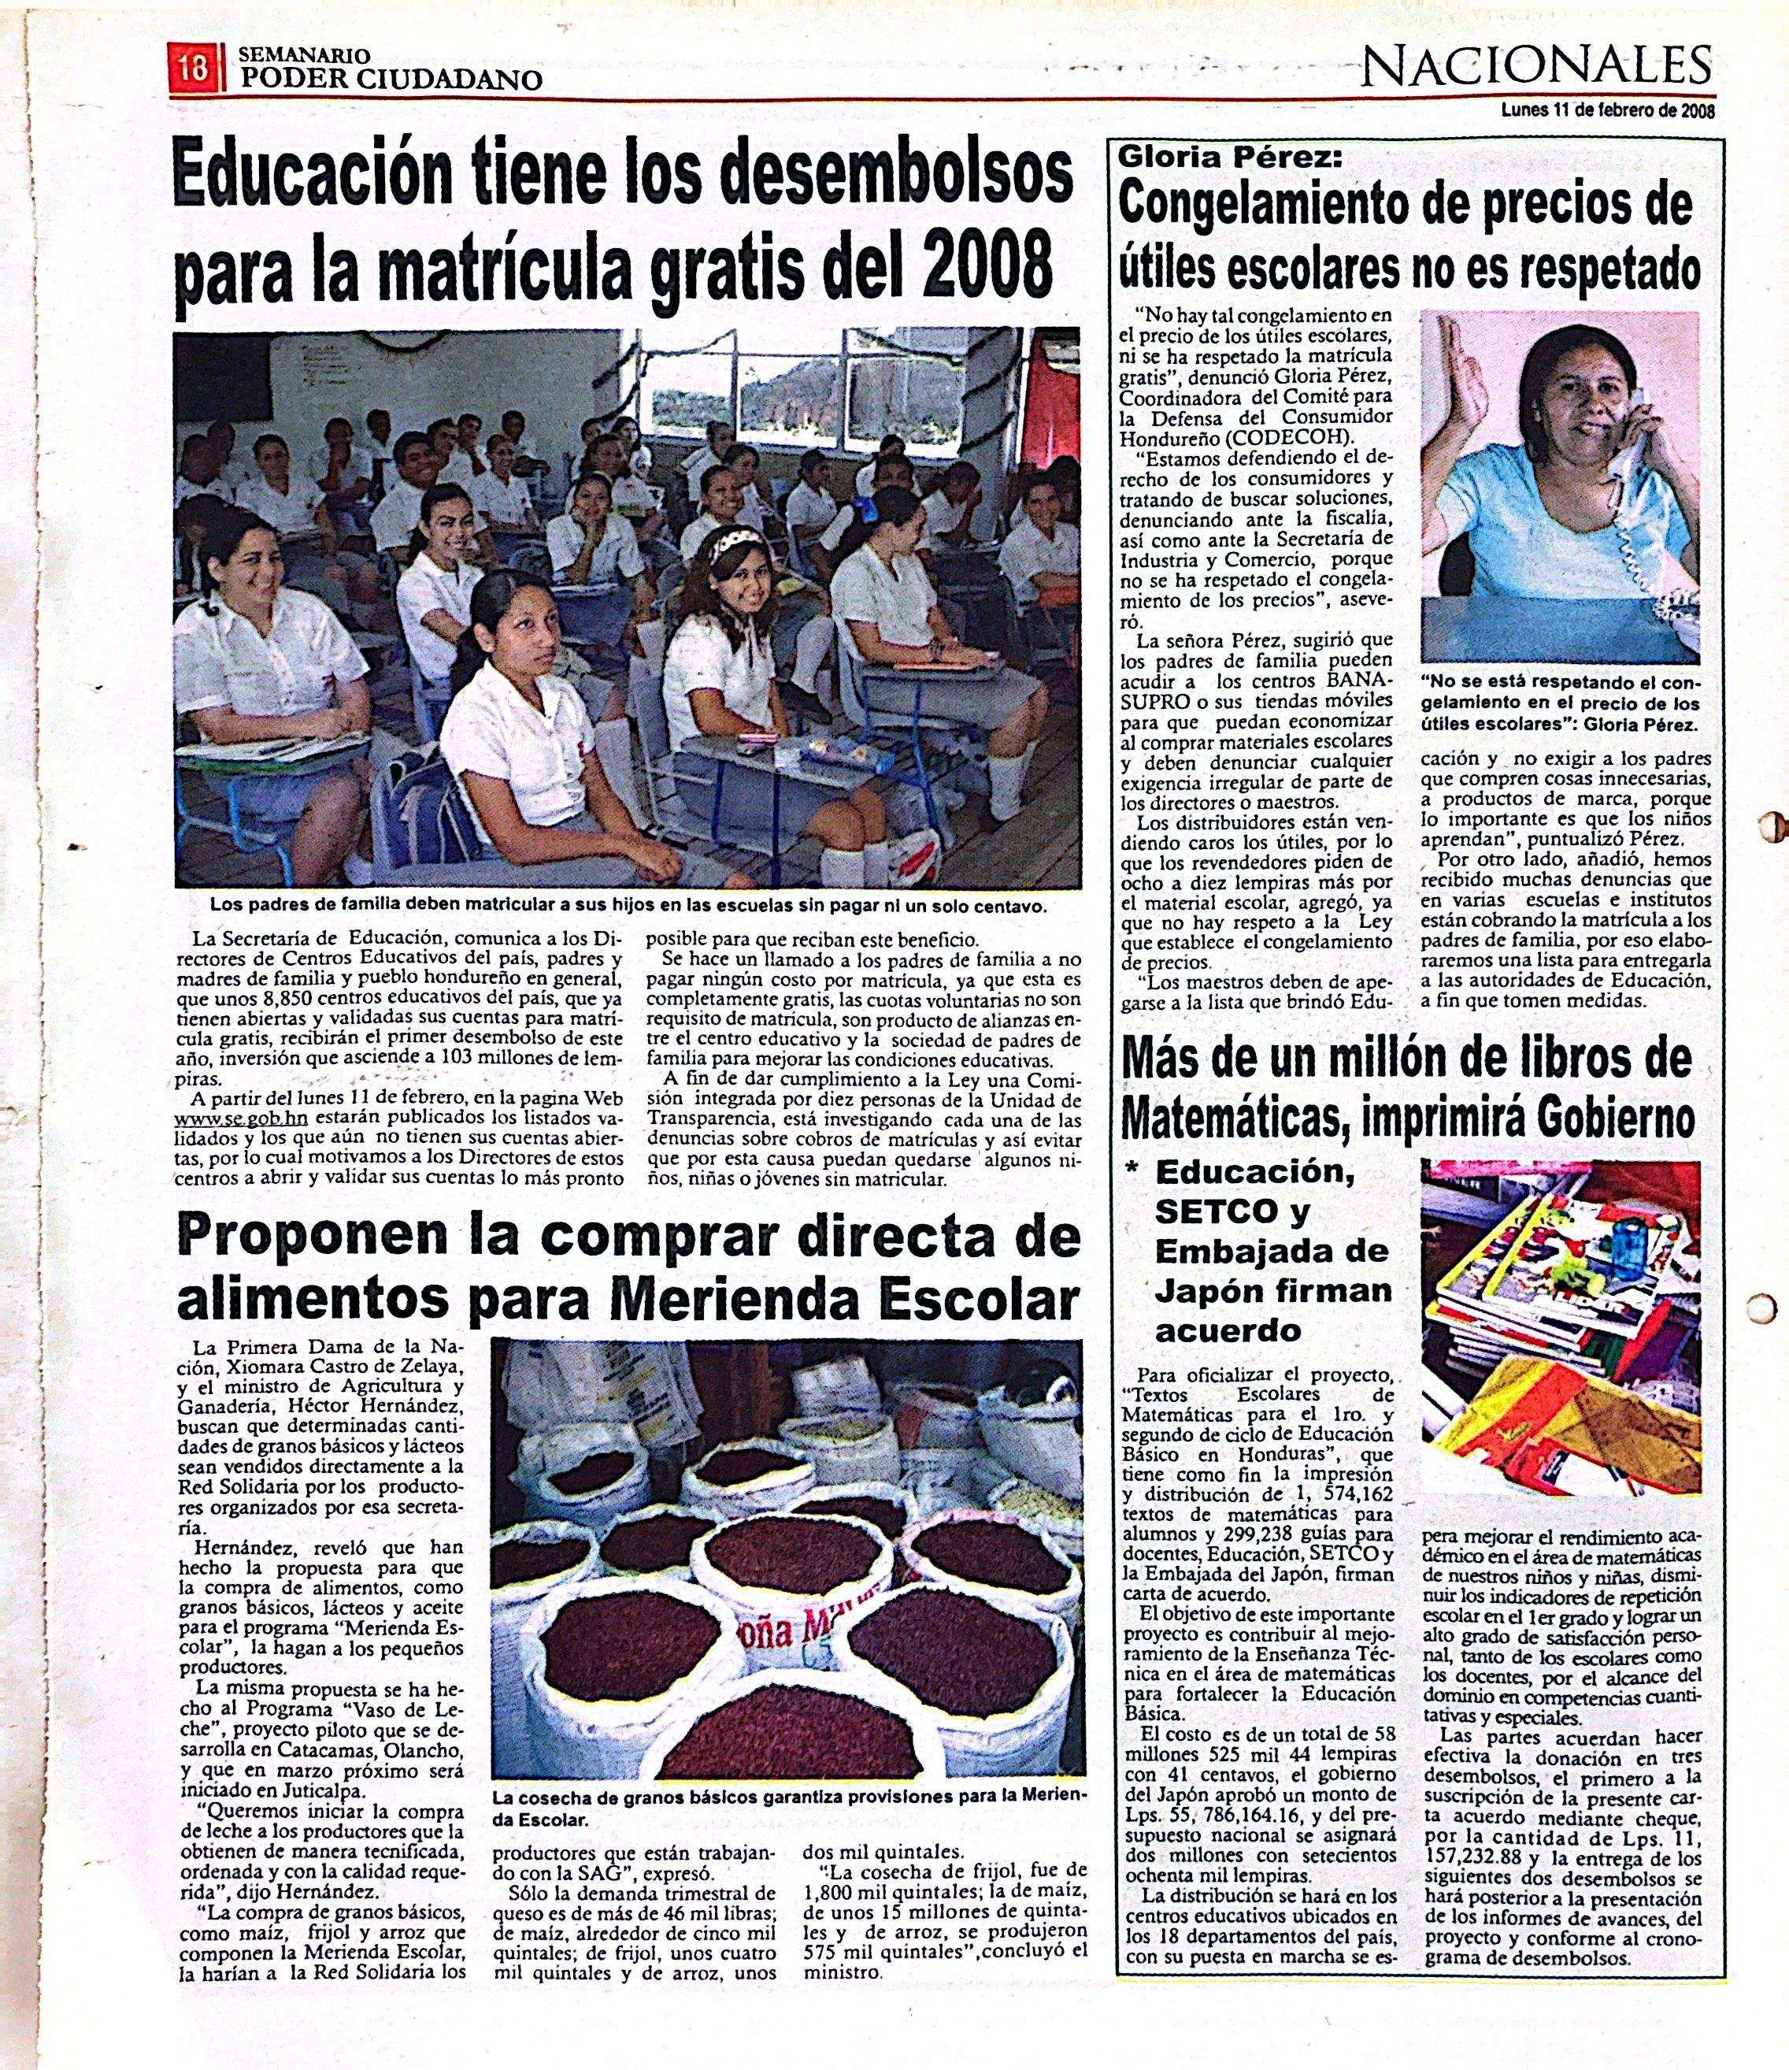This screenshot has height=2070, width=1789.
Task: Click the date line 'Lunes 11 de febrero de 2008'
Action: [1607, 112]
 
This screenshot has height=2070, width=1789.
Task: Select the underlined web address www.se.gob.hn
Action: [238, 1119]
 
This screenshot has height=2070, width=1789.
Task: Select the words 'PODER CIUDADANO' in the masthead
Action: [391, 80]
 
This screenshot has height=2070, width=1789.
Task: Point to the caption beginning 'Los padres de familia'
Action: [613, 905]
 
